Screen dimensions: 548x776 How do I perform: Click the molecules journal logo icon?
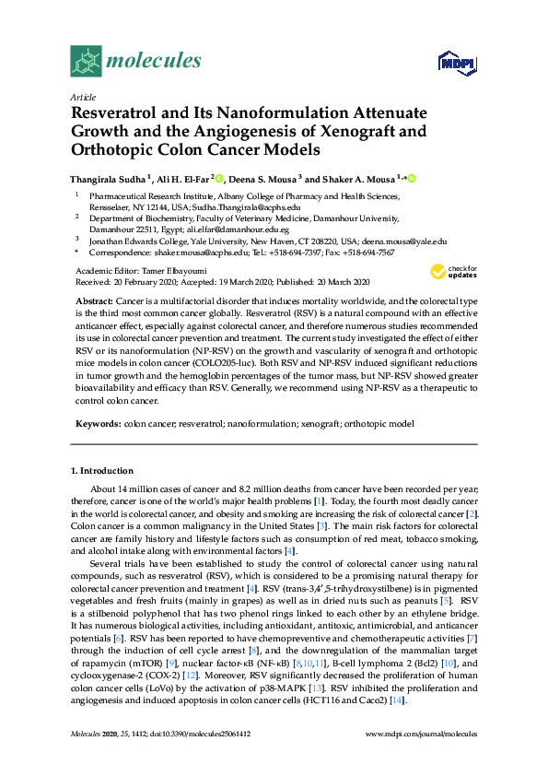(x=86, y=62)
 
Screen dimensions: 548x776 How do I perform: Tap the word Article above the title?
(x=83, y=97)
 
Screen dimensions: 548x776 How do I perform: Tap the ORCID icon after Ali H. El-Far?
(x=220, y=178)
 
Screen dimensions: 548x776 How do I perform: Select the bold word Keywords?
(x=96, y=423)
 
